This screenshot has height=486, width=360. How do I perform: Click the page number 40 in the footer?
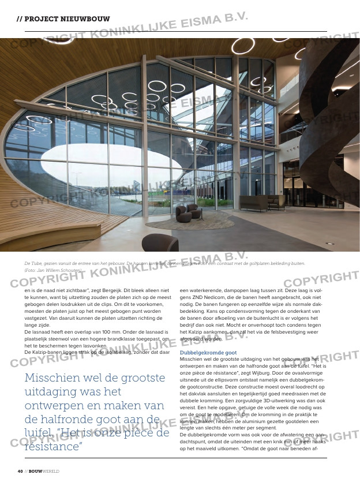(x=20, y=471)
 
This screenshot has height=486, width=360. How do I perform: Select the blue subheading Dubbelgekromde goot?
(x=208, y=352)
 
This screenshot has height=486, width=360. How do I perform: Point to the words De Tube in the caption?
(x=33, y=263)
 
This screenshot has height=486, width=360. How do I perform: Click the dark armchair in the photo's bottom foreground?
(x=160, y=243)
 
